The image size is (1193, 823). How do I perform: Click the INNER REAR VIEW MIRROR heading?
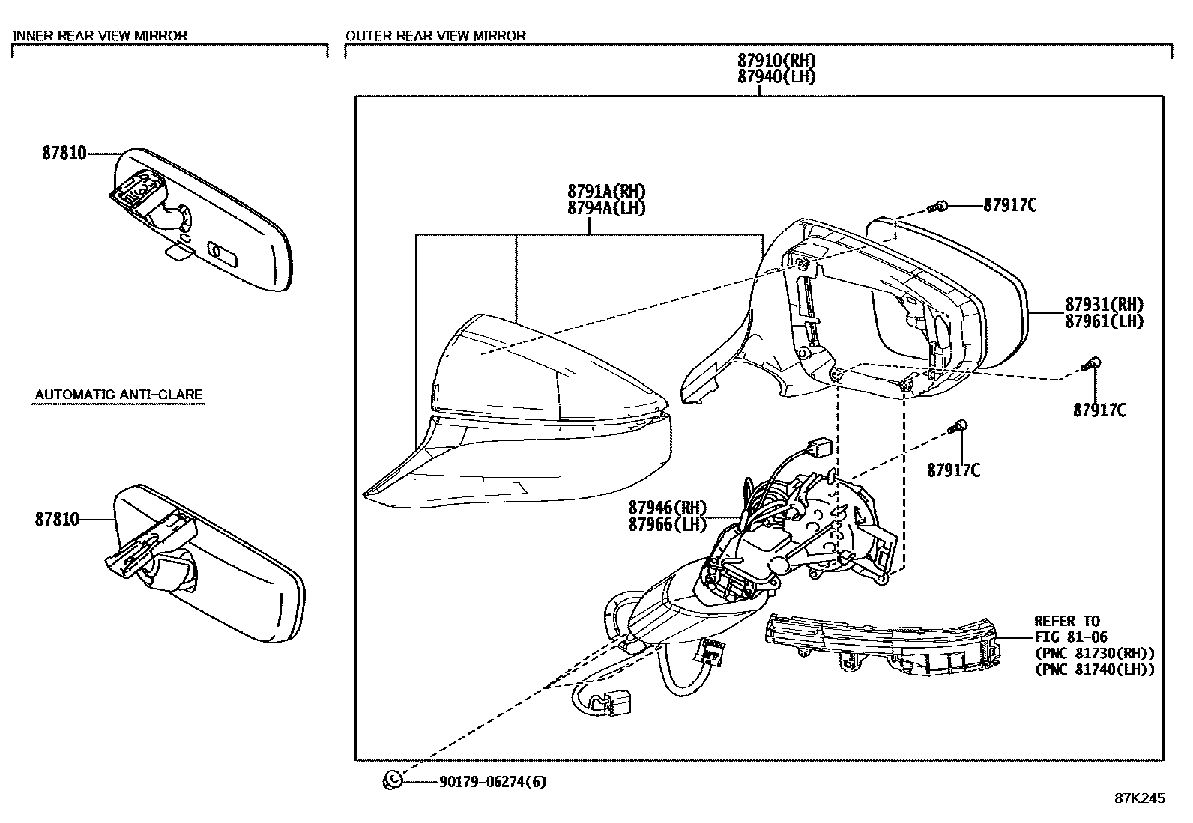coord(100,35)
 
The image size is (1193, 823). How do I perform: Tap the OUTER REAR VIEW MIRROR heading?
coord(436,35)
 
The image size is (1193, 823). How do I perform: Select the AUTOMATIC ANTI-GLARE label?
coord(119,395)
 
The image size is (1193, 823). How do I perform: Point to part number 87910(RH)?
coord(776,61)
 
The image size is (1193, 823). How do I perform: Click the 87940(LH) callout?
coord(776,76)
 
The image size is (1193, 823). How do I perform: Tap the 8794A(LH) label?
coord(606,208)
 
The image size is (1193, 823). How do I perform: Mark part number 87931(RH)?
coord(1105,305)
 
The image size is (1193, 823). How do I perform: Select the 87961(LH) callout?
coord(1105,321)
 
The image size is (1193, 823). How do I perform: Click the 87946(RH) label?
coord(667,508)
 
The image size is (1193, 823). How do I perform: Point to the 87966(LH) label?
coord(667,525)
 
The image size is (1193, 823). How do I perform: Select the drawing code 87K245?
coord(1140,798)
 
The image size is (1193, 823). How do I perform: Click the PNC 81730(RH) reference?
coord(1095,653)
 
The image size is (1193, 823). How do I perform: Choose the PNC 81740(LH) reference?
coord(1095,669)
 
